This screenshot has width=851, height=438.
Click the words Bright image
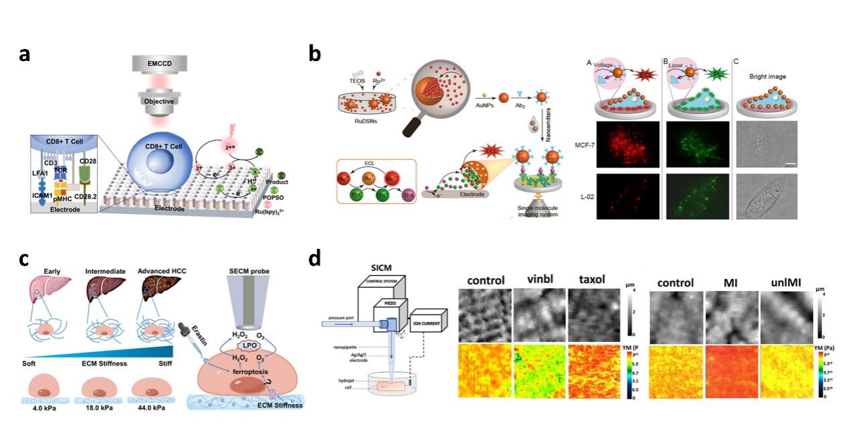pyautogui.click(x=767, y=76)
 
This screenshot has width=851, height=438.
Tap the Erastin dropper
pyautogui.click(x=188, y=329)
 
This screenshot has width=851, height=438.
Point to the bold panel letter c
pyautogui.click(x=25, y=260)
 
